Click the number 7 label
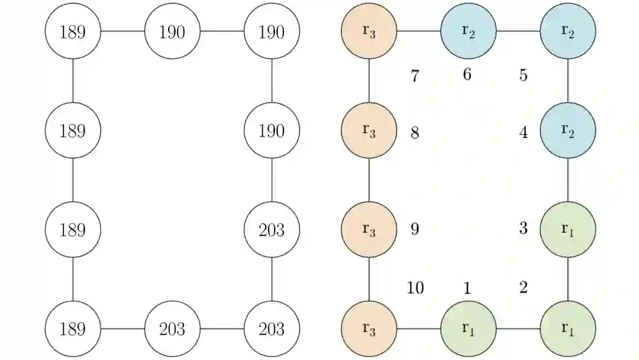coord(415,76)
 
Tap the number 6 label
coord(467,75)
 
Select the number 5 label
coord(523,76)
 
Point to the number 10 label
coord(415,288)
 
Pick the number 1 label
coord(467,288)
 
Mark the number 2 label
coord(523,288)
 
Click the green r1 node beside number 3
coord(568,230)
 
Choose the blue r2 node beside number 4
coord(568,130)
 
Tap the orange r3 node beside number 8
coord(369,130)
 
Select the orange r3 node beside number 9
coord(369,230)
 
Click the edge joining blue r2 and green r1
coord(568,180)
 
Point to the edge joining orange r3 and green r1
coord(418,329)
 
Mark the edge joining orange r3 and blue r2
coord(418,31)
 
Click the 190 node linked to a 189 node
coord(172,31)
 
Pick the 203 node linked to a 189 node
coord(172,329)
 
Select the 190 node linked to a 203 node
coord(272,130)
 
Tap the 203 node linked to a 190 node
coord(272,230)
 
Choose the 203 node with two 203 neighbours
coord(272,329)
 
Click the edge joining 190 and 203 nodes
coord(272,180)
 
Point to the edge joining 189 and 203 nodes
coord(122,329)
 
